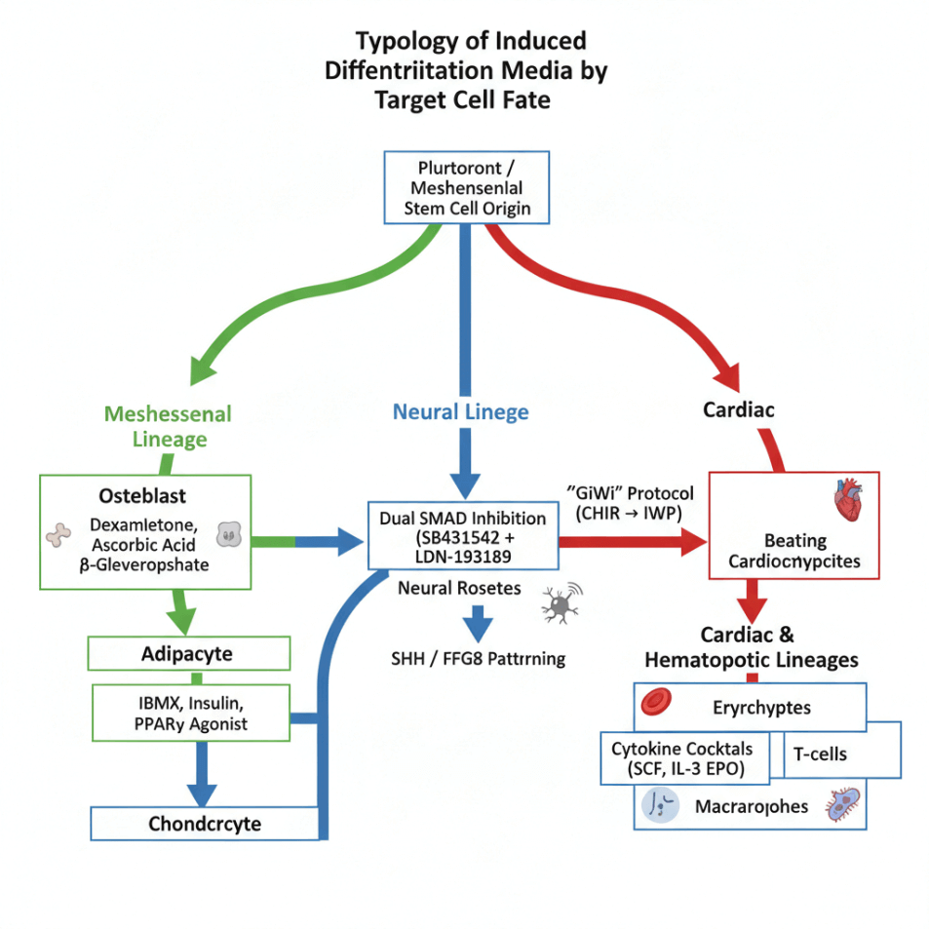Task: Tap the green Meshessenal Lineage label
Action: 168,426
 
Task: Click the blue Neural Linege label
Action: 461,411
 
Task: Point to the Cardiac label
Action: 739,409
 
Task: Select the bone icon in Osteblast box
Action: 59,534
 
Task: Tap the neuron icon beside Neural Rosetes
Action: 560,604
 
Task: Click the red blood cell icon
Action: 654,702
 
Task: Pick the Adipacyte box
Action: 188,653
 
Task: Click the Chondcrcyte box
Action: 205,824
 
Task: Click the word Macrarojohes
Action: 751,807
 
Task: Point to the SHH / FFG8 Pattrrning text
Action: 478,659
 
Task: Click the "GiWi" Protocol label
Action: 623,501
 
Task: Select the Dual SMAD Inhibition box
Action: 462,535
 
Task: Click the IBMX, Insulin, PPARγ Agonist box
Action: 190,713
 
